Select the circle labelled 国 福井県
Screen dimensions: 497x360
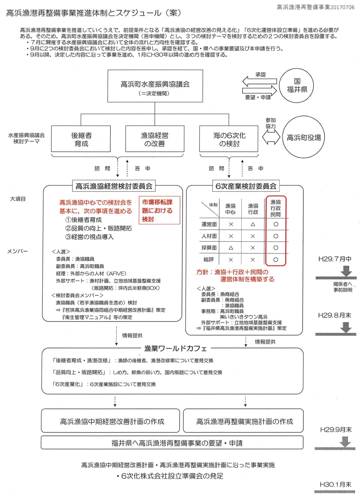coord(297,85)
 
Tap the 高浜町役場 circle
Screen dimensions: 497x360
coord(303,137)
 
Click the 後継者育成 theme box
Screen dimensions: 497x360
coord(81,139)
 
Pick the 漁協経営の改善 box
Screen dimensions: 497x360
coord(154,139)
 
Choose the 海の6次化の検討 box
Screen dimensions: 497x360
coord(229,139)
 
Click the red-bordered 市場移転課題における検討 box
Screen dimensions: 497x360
coord(159,211)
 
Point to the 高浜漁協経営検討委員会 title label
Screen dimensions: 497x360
coord(114,186)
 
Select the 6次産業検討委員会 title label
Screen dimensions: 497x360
coord(246,186)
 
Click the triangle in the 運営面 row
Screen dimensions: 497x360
coord(253,224)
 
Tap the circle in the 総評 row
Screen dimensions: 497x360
coord(276,259)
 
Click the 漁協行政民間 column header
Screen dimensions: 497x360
coord(276,208)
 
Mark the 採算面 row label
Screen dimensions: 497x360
coord(209,248)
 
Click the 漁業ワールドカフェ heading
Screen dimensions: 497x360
coord(175,349)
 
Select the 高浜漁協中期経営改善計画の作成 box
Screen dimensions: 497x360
coord(112,422)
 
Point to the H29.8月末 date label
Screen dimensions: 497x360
coord(334,315)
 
